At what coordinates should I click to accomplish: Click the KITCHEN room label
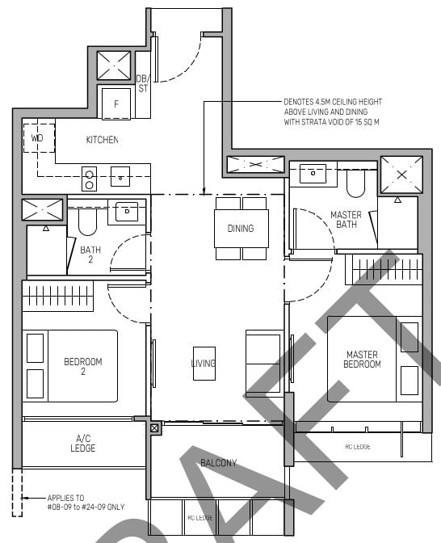(102, 140)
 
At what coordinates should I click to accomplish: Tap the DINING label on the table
(240, 229)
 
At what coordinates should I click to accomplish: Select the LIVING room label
(204, 364)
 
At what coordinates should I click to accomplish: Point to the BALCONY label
(219, 463)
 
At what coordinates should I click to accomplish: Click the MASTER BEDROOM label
(363, 360)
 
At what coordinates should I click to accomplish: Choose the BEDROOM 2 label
(83, 367)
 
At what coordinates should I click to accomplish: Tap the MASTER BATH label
(346, 220)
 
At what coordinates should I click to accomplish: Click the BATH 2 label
(90, 255)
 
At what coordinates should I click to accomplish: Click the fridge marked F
(116, 103)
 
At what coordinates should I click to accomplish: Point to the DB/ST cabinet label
(142, 83)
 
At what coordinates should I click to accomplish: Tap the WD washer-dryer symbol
(37, 138)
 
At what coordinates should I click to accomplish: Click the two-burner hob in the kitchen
(90, 176)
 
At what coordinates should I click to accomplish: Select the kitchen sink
(122, 175)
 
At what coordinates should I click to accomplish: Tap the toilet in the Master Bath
(356, 185)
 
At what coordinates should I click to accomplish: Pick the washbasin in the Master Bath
(313, 173)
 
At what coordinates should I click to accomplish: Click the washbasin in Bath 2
(127, 211)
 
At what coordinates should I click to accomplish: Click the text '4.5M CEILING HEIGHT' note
(333, 112)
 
